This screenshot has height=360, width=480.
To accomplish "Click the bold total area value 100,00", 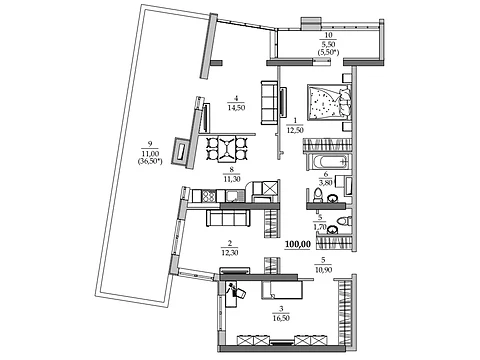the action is coord(298,244).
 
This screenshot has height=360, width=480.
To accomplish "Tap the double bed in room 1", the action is coord(329,102).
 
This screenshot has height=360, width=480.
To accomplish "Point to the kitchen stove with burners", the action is coord(208,196).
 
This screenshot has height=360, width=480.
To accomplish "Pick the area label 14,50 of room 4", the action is coord(236,108).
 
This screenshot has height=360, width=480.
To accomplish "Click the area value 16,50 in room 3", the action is coord(281,318).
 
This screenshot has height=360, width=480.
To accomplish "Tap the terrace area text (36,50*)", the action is coord(150,161).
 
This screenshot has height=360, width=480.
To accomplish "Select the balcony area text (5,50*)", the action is coord(328,52).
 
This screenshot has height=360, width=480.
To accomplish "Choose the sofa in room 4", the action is coord(269,103).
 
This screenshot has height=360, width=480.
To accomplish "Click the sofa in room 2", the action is coord(228,218).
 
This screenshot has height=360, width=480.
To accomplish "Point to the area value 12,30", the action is coord(230,252).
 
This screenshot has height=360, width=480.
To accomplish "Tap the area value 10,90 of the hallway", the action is coord(323,269).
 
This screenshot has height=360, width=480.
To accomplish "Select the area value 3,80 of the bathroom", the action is coord(325,183).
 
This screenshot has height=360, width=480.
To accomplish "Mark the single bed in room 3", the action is coord(282,290).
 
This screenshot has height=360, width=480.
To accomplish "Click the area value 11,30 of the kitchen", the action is coord(232,179).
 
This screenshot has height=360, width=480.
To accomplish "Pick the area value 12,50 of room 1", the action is coord(295,130).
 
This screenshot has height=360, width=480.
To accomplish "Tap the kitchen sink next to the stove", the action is coord(232,196).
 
